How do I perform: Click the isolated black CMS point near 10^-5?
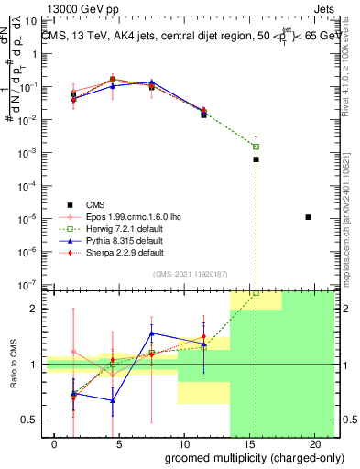309,217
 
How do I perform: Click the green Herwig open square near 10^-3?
256,147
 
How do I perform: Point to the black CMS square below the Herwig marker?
256,159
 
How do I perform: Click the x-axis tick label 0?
46,444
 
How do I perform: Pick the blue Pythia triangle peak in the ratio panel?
152,333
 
